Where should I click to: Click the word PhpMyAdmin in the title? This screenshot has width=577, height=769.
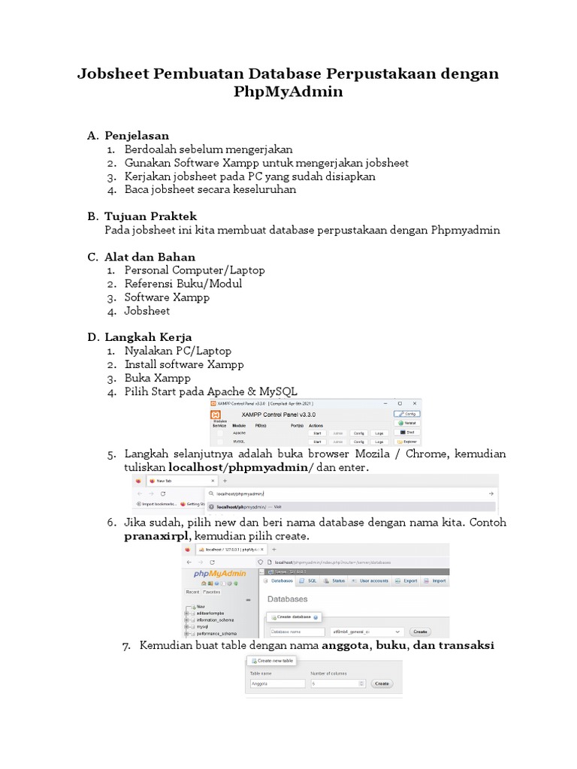coord(288,92)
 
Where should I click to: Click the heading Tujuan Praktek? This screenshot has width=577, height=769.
coord(150,216)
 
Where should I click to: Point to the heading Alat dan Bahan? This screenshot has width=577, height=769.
coord(150,257)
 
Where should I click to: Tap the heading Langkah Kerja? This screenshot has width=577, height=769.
coord(148,337)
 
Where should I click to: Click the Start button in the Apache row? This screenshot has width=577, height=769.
coord(317,433)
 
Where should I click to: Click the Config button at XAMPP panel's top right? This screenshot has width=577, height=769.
coord(406,414)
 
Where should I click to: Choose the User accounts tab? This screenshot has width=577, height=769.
coord(370,581)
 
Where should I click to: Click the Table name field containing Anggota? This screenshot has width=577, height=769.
coord(277,684)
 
